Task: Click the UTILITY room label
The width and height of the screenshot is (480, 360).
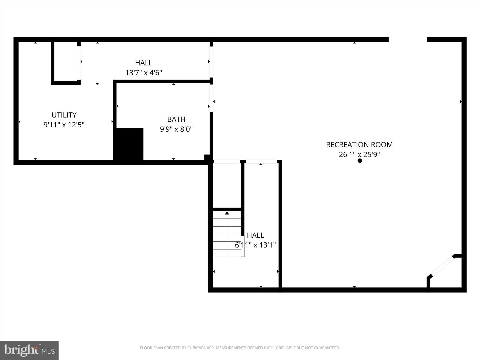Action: (64, 115)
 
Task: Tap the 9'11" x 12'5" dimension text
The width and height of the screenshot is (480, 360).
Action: (64, 125)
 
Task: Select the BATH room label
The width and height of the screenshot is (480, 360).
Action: (176, 119)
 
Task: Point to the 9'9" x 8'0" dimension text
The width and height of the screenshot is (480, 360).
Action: (176, 129)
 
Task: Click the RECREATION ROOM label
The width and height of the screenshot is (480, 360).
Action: (359, 145)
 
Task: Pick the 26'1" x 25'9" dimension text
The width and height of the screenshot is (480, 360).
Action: (359, 154)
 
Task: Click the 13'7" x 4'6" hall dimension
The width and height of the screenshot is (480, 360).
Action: (144, 72)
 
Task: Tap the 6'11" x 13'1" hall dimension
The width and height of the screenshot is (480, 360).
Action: (255, 245)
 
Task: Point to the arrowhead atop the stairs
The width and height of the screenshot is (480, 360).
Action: (227, 213)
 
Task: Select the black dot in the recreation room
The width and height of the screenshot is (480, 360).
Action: (360, 161)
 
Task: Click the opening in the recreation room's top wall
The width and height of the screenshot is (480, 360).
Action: (408, 39)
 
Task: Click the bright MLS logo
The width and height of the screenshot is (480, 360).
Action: (29, 350)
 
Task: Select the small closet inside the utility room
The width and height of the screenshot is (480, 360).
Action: (66, 62)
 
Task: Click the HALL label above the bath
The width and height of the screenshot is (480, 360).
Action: (144, 63)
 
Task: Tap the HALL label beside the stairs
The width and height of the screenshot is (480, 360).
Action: (255, 235)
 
